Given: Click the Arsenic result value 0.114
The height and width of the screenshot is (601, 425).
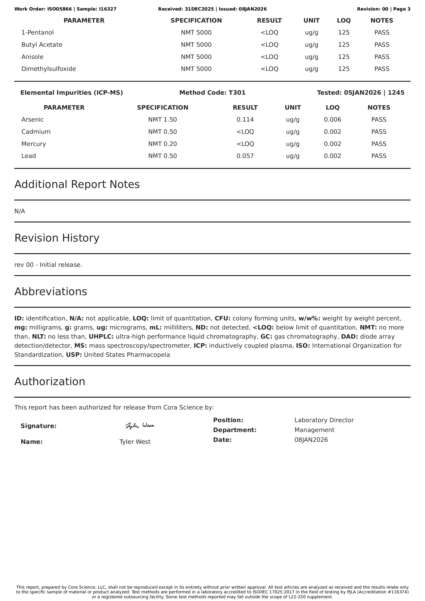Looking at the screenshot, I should point(245,120).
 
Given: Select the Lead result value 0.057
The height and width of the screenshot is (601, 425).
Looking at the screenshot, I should point(245,156).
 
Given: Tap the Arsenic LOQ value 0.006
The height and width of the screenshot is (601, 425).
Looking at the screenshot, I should point(332,120).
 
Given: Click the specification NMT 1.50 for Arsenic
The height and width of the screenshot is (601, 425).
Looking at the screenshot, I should point(163,120).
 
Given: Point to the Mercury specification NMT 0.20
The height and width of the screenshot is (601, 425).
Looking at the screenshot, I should point(163,144).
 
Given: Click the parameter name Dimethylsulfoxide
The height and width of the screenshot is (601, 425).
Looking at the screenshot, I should point(49,69).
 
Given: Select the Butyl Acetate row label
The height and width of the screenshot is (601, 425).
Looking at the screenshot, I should point(42,45).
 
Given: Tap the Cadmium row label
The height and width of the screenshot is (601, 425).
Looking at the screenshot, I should point(36,132).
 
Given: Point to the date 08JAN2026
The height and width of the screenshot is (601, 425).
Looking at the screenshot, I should point(311,440).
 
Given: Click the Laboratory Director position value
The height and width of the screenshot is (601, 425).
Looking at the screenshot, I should point(324,420).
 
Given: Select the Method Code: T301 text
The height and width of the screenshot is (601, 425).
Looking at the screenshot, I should point(212,93).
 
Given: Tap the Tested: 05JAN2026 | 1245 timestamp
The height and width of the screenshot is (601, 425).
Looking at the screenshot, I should point(360,93).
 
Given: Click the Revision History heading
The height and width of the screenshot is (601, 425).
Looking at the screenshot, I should point(57,238).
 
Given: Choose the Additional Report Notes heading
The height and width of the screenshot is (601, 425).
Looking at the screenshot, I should point(77,184).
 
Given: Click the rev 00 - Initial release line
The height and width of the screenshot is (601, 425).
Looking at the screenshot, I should point(48,265).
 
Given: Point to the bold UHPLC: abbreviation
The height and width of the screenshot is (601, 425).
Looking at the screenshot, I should point(101,336).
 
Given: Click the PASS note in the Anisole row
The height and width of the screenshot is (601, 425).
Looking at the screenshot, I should point(382,57).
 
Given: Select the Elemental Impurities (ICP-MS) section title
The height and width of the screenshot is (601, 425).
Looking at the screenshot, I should point(71,93).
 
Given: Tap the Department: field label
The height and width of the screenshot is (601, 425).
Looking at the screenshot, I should point(234,430).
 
